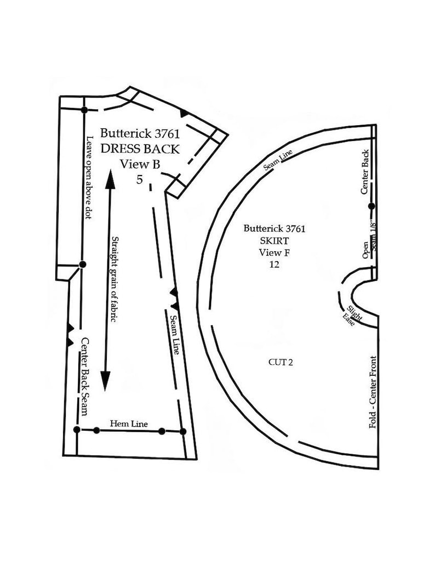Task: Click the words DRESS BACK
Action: pos(140,149)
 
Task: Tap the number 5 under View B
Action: pos(139,179)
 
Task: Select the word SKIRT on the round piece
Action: pos(274,240)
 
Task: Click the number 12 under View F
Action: pos(274,264)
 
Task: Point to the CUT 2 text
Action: pos(281,362)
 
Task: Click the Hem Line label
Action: pos(129,424)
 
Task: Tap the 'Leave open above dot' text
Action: pos(89,177)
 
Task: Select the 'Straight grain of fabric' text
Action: pos(115,279)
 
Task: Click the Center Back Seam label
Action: pos(84,376)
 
